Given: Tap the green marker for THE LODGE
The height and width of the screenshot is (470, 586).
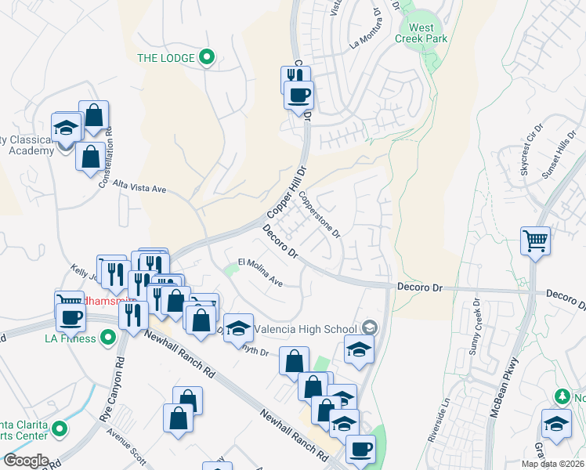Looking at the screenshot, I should coord(207,56).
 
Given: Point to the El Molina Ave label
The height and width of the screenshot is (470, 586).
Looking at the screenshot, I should coord(260,270).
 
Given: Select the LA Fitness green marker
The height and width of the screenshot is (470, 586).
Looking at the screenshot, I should coord(109,338).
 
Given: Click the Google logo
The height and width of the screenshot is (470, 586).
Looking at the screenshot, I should coord(25,461).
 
